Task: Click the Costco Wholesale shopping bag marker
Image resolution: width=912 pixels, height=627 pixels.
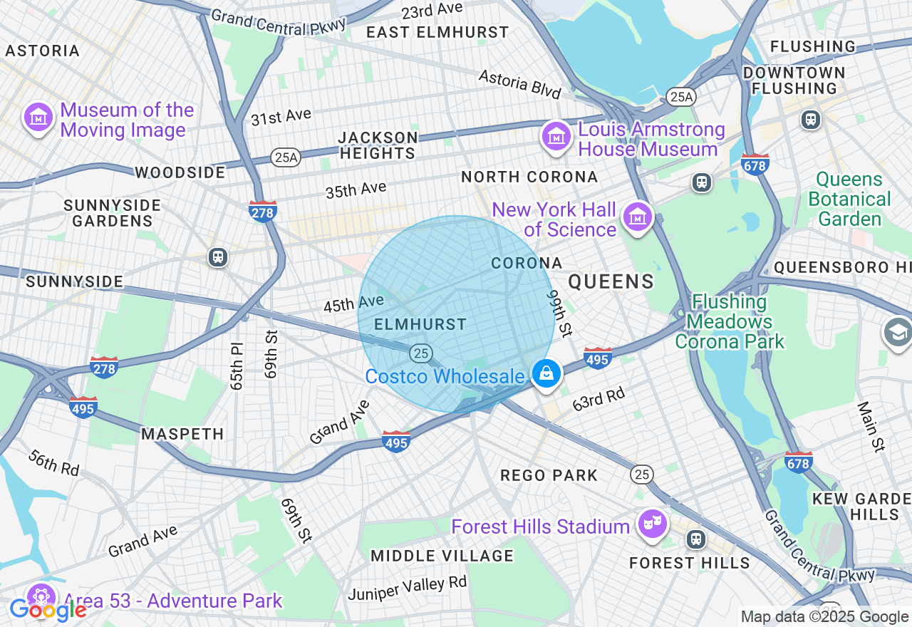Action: (x=546, y=373)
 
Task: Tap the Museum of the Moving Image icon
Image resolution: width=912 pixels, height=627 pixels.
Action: (x=38, y=117)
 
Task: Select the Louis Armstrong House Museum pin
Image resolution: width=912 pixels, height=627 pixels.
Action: (x=556, y=135)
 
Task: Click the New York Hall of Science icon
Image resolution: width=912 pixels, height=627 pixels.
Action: (x=638, y=216)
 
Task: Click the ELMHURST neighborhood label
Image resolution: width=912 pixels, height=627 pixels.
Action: (x=420, y=324)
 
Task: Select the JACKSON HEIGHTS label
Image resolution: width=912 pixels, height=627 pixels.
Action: (x=378, y=145)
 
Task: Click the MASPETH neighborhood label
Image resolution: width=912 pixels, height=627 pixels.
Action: (x=182, y=434)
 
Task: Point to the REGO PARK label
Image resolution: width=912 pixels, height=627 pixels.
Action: (x=549, y=475)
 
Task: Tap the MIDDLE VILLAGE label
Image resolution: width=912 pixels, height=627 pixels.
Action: (x=442, y=555)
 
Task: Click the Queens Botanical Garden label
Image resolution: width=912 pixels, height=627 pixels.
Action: (x=849, y=199)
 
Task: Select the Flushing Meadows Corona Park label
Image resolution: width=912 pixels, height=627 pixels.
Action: (x=730, y=321)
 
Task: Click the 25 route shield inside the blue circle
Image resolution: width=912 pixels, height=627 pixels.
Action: (x=421, y=353)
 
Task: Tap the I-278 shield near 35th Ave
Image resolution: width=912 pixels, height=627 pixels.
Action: (x=263, y=211)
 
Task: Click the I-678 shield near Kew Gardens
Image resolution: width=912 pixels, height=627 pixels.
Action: (x=798, y=462)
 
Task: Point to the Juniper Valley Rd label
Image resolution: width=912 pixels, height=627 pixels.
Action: (x=408, y=588)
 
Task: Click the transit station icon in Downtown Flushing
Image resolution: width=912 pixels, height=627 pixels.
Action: (x=811, y=119)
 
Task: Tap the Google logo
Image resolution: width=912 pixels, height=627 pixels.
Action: (x=48, y=610)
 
